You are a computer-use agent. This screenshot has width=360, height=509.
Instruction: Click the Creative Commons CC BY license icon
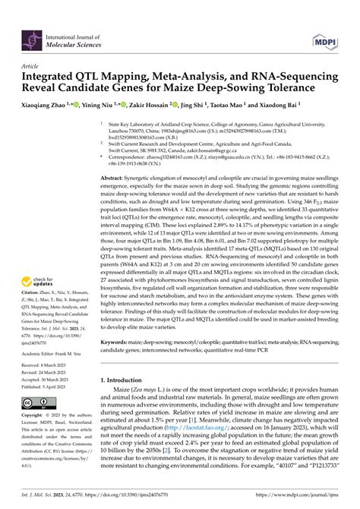[x=38, y=403]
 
